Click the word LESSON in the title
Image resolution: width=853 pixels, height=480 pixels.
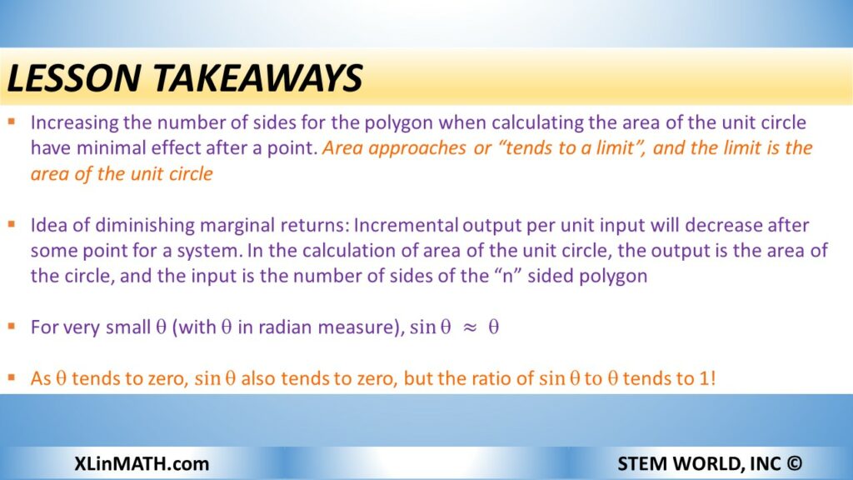point(74,77)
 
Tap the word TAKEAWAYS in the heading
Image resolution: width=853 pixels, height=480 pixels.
point(258,77)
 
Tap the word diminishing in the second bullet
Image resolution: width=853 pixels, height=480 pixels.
point(144,225)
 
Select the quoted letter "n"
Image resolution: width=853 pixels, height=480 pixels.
point(508,276)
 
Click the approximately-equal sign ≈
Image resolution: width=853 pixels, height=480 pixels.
point(470,327)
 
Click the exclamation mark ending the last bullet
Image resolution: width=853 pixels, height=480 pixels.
point(713,378)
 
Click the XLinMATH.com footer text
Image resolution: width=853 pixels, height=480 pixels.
point(142,463)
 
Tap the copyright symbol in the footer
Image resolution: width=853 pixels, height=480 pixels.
point(794,463)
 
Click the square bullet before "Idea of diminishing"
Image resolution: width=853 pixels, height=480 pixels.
point(12,223)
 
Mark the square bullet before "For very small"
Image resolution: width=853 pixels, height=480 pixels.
point(12,326)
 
